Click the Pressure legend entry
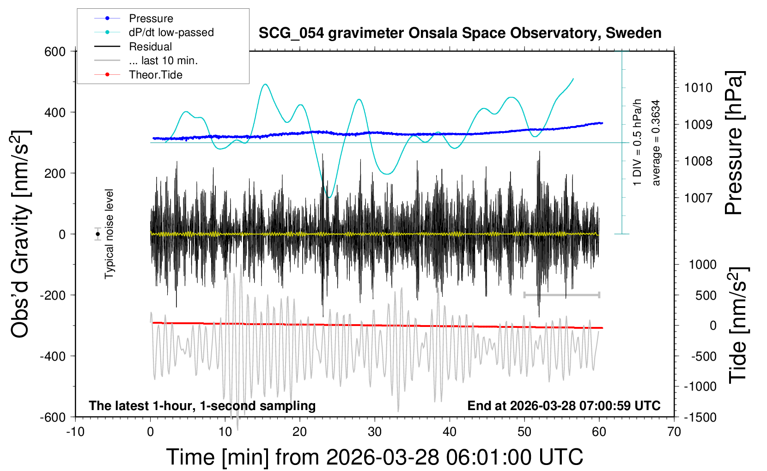pyautogui.click(x=151, y=18)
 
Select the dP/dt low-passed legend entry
pyautogui.click(x=171, y=32)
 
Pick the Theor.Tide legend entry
pyautogui.click(x=155, y=75)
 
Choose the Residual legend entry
pyautogui.click(x=150, y=47)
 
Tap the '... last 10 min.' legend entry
pyautogui.click(x=163, y=60)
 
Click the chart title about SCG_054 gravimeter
pyautogui.click(x=460, y=33)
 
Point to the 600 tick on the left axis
pyautogui.click(x=55, y=52)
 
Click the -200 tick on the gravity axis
pyautogui.click(x=52, y=295)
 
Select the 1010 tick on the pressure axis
pyautogui.click(x=698, y=88)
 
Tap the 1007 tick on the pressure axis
pyautogui.click(x=698, y=198)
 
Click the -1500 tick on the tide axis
pyautogui.click(x=700, y=417)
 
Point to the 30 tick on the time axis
pyautogui.click(x=375, y=432)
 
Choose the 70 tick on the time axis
pyautogui.click(x=674, y=432)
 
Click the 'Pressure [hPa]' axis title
pyautogui.click(x=734, y=143)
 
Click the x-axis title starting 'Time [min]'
pyautogui.click(x=374, y=457)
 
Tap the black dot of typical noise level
pyautogui.click(x=97, y=234)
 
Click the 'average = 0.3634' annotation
pyautogui.click(x=656, y=143)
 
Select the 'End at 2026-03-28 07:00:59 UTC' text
pyautogui.click(x=564, y=406)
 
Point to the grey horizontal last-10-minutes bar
pyautogui.click(x=561, y=295)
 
